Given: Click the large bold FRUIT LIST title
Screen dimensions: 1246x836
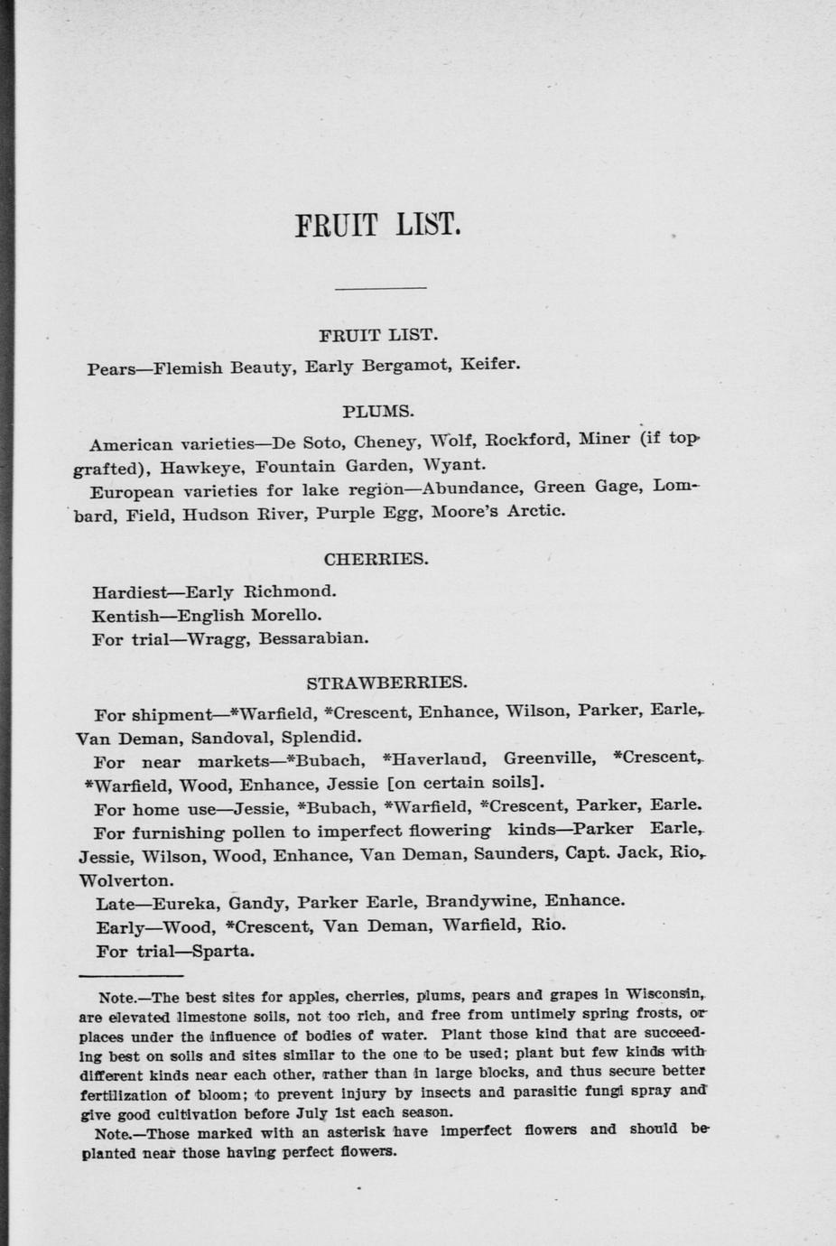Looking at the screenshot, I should tap(378, 224).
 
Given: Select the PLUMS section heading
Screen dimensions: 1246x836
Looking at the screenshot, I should tap(378, 412).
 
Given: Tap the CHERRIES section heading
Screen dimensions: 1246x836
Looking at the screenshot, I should tap(376, 559).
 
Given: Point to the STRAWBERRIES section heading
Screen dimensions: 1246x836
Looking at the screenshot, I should tap(386, 682).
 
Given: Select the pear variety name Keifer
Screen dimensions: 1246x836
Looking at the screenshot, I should tap(490, 366).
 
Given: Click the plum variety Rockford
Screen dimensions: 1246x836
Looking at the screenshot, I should tap(525, 441).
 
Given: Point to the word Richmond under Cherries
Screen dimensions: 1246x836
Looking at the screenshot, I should tap(289, 592).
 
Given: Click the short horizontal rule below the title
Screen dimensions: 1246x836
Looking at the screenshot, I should tap(380, 288).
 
